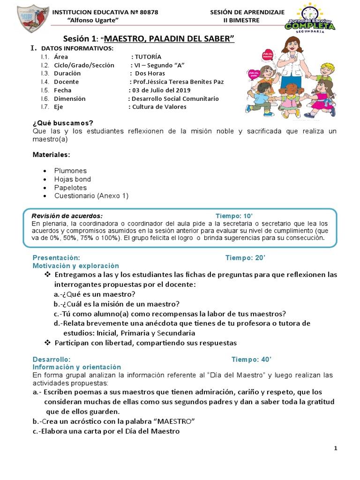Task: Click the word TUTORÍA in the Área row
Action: [x=149, y=57]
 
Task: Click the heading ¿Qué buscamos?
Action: [x=63, y=123]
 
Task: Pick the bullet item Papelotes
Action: [x=70, y=187]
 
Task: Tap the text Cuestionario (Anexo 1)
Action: [x=91, y=196]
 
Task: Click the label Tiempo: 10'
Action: [x=234, y=216]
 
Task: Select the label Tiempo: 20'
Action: [x=245, y=257]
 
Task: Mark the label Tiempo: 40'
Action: [x=251, y=359]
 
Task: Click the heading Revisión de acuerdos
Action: [x=67, y=216]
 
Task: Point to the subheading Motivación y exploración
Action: [x=75, y=265]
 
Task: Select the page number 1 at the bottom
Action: [x=336, y=449]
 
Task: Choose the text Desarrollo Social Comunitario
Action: [x=175, y=98]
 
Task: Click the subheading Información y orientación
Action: [x=76, y=367]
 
